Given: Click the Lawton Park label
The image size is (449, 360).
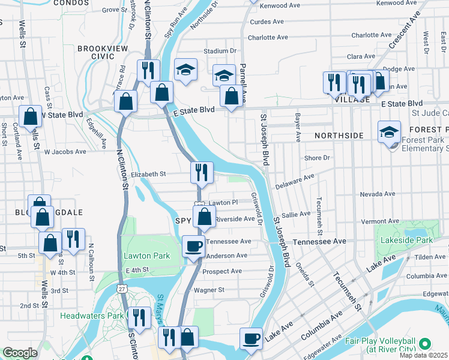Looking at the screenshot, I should (x=146, y=256).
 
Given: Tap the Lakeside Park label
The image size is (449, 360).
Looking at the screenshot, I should (x=406, y=240).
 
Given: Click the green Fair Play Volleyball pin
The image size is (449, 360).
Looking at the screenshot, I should (x=426, y=344).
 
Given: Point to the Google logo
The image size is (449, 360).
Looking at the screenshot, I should (x=20, y=353).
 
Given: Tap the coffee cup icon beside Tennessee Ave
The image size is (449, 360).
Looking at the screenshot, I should (x=193, y=246).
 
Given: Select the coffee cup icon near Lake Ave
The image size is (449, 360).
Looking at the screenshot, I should (x=251, y=338).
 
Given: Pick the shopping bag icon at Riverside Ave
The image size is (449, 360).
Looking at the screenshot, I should (x=204, y=217).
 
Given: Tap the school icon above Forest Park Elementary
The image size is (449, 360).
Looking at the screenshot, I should (x=389, y=132).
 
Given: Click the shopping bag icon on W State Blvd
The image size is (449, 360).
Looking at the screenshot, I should (x=30, y=116).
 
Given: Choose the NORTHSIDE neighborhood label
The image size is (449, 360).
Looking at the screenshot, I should (x=339, y=136).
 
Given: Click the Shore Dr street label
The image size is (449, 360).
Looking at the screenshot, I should (x=318, y=158).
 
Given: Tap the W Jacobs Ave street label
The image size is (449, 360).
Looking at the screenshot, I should (x=65, y=151).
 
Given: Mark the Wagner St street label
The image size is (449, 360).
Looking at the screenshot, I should (x=209, y=290).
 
